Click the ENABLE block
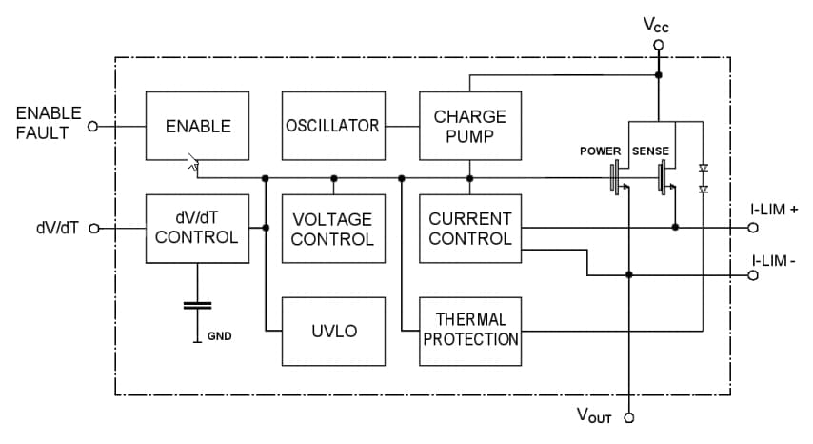(197, 126)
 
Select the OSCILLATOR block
(333, 126)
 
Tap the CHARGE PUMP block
(470, 126)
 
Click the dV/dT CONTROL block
(197, 228)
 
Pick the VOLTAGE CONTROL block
(333, 229)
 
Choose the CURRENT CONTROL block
(470, 229)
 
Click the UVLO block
(333, 331)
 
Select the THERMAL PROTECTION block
(470, 331)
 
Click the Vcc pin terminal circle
(658, 45)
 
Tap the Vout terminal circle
(628, 416)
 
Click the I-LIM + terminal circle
(753, 228)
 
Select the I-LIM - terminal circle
(753, 275)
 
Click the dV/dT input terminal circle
(93, 228)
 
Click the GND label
(220, 336)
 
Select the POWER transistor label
(600, 151)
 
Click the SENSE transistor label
(650, 151)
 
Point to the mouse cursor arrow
(192, 163)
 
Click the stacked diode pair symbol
(703, 178)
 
